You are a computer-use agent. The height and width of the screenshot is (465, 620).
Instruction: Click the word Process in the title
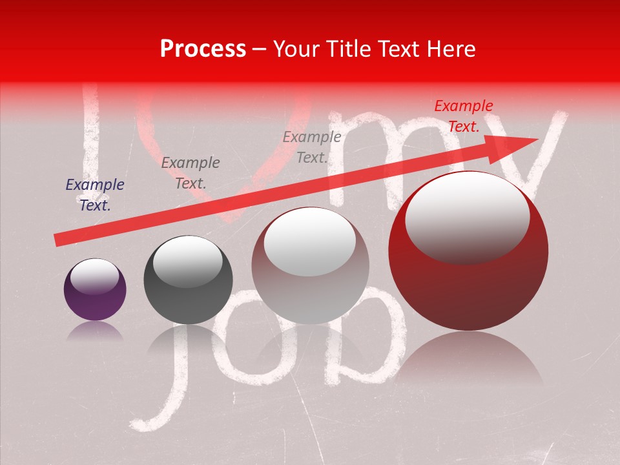203,50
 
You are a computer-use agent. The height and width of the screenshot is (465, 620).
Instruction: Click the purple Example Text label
95,195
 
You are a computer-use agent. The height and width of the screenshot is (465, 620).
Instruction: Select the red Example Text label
463,116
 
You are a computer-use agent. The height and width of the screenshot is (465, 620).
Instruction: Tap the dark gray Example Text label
190,173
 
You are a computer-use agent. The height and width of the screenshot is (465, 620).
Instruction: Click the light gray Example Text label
312,147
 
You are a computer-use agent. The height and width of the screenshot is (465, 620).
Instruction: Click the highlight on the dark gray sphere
187,262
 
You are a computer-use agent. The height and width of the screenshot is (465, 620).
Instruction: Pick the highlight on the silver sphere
310,240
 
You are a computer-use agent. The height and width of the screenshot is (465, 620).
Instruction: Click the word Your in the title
297,50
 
